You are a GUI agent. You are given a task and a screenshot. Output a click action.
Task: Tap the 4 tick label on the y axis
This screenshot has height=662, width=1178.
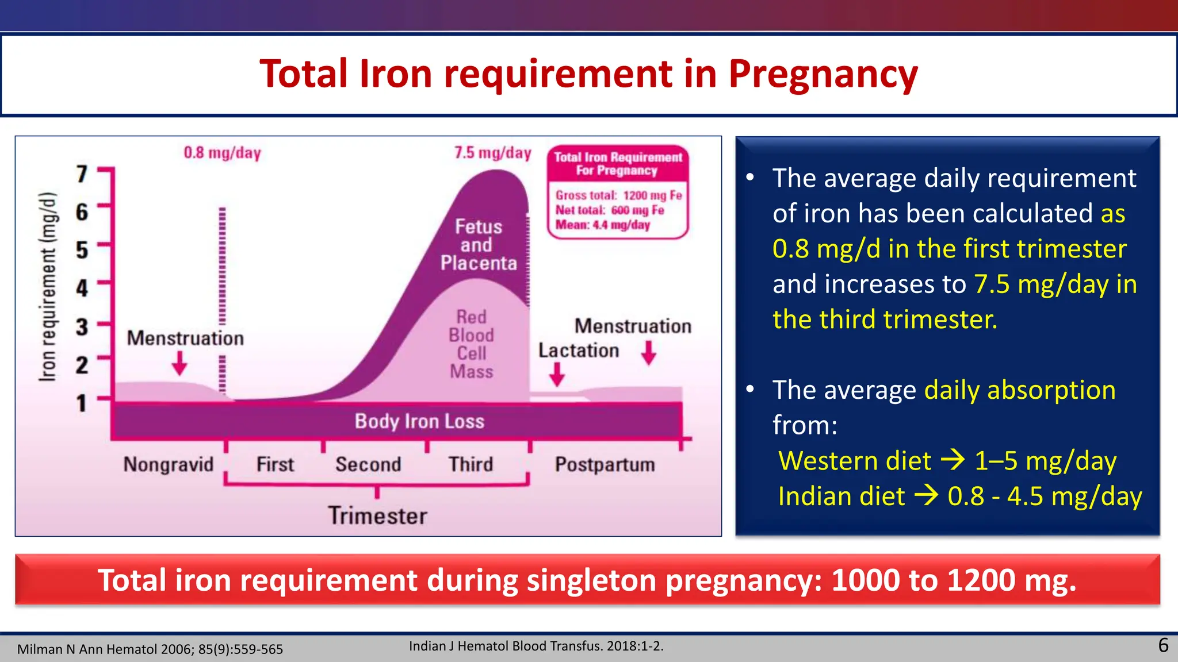tap(82, 288)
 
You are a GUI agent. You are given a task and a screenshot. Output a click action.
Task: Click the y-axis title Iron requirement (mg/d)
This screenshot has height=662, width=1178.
tap(48, 286)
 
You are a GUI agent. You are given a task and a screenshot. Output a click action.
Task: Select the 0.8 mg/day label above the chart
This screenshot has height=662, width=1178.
tap(222, 153)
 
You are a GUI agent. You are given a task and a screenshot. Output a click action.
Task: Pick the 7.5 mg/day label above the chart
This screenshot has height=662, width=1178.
tap(492, 153)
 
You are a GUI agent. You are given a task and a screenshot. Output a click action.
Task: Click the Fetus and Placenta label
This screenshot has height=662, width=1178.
tap(479, 245)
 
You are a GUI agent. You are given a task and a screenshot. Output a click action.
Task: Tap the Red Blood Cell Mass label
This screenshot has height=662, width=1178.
tap(471, 344)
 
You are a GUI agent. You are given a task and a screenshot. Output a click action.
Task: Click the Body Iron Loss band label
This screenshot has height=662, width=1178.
tap(419, 421)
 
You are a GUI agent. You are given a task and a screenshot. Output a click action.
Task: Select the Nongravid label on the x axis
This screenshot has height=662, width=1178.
tap(169, 464)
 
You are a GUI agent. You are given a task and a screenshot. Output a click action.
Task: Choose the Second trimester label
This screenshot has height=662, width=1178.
tap(368, 464)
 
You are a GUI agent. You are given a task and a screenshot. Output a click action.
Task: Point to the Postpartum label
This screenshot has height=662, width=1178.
tap(605, 464)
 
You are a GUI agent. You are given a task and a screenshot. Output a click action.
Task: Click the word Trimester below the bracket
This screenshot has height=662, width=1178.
tap(377, 515)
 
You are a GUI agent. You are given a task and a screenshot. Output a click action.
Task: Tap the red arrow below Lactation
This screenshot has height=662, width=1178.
tap(557, 375)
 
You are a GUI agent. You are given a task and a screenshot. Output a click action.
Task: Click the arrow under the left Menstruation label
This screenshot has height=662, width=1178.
tap(180, 363)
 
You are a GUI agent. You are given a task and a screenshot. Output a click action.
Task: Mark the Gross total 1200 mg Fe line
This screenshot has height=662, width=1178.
tap(618, 195)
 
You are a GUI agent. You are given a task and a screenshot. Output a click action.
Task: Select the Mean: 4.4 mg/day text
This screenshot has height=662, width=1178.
tap(602, 225)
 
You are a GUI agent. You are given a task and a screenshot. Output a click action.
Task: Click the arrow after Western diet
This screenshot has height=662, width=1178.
tap(953, 460)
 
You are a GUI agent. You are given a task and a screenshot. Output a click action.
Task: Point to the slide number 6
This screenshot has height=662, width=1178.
tap(1163, 645)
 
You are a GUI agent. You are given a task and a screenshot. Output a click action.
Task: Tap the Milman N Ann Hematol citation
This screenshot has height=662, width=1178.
tap(150, 649)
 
